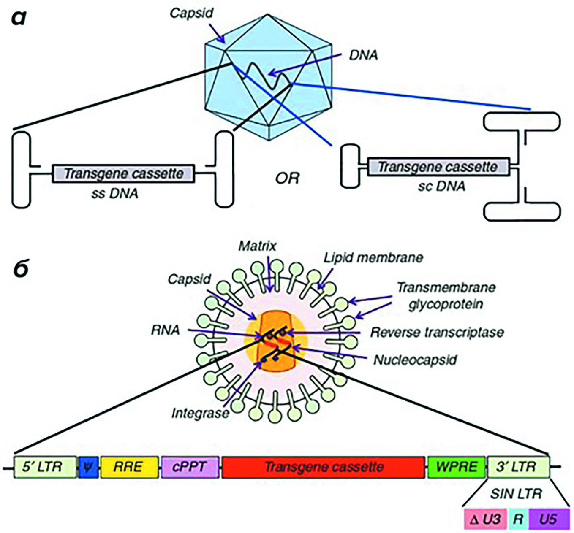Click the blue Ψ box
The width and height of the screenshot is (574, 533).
(88, 467)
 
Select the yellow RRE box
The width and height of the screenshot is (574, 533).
(129, 467)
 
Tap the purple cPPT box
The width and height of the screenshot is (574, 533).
(190, 467)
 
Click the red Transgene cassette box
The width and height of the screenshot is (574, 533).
(323, 467)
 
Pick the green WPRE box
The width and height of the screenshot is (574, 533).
(457, 467)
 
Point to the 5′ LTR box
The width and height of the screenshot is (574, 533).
(45, 467)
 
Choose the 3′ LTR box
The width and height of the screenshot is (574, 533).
(518, 467)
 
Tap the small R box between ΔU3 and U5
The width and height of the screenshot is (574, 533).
(518, 519)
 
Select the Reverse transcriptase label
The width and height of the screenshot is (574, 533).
(437, 332)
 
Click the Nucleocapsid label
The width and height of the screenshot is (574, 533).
(415, 360)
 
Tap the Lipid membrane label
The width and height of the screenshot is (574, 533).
(373, 257)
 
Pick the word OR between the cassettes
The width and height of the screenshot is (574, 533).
(287, 179)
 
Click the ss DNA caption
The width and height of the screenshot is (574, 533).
(114, 193)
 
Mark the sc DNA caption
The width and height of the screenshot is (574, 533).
(442, 186)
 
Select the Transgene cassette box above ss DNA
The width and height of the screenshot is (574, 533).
(123, 173)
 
